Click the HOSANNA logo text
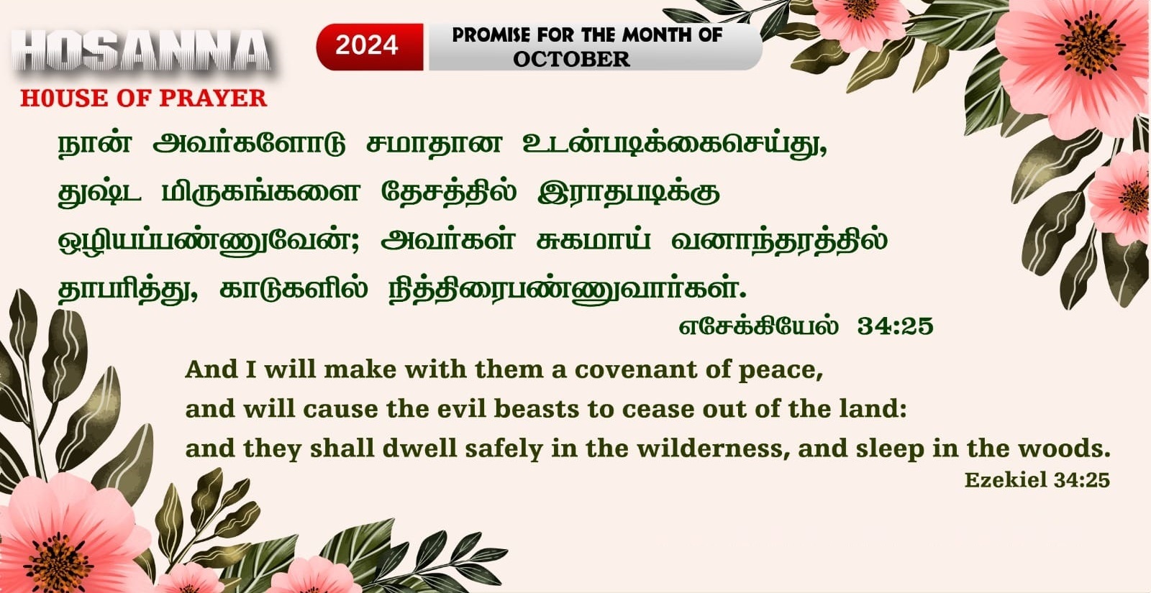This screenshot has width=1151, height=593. (141, 51)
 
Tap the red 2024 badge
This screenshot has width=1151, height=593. (370, 47)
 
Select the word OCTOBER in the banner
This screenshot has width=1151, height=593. (571, 59)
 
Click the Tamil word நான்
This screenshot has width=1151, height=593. (94, 143)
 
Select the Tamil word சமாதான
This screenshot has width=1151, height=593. (434, 144)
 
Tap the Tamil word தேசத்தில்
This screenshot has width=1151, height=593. (449, 192)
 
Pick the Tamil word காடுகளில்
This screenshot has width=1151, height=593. (294, 288)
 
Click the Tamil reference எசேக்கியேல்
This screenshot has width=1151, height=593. (758, 326)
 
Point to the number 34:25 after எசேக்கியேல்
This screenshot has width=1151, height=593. (895, 326)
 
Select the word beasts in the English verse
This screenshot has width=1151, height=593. (537, 409)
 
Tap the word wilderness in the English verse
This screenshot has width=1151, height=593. (713, 449)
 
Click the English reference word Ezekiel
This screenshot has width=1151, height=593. (1006, 480)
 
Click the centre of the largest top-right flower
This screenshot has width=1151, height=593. (1089, 45)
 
